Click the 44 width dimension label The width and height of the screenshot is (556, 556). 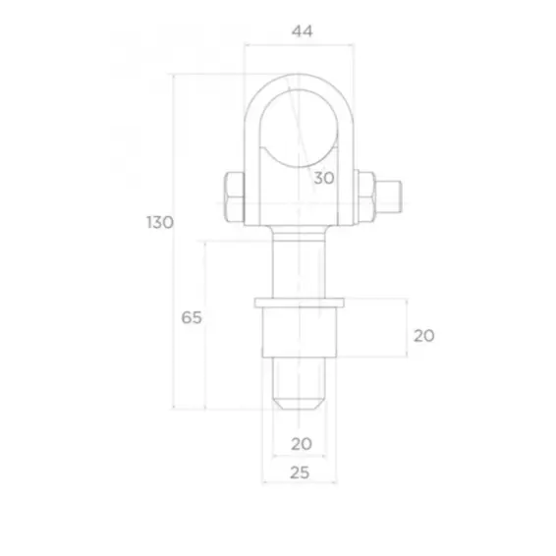(302, 31)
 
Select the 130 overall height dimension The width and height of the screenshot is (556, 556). (161, 222)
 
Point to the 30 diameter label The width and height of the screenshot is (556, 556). (324, 177)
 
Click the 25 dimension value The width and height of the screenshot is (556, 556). (302, 473)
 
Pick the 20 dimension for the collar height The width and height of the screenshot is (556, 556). (423, 335)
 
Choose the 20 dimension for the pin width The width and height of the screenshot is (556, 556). (302, 443)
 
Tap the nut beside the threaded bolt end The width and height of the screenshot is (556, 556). (367, 196)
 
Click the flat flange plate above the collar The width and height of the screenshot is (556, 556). (300, 299)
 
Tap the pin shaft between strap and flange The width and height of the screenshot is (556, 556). (300, 260)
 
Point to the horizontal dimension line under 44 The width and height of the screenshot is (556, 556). (300, 44)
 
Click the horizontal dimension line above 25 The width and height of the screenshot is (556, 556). (300, 483)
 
